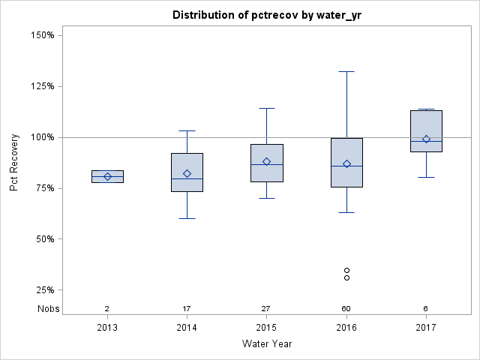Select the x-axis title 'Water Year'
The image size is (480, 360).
pos(266,343)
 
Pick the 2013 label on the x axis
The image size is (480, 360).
pos(107,328)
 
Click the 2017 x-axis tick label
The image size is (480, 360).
pos(425,328)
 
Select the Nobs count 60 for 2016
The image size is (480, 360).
pos(346,309)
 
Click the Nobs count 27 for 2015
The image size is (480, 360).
pos(266,309)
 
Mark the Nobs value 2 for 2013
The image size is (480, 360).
pos(107,309)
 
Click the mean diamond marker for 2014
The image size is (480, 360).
pos(187,173)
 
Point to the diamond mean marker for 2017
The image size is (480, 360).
pos(426,139)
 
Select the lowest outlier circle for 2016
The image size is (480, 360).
pos(346,277)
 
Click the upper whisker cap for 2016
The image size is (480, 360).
pos(346,71)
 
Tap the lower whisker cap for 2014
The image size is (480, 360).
pos(187,218)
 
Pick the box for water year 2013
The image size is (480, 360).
pos(107,176)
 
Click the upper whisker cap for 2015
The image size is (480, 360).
pos(266,108)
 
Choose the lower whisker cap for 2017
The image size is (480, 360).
pos(426,177)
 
